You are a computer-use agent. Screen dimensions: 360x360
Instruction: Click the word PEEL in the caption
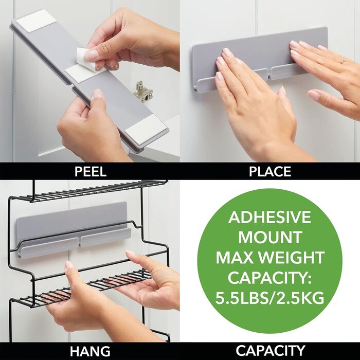(x=91, y=171)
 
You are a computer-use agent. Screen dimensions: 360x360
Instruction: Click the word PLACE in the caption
(x=270, y=171)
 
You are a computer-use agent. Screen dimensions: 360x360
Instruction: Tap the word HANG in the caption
(x=90, y=351)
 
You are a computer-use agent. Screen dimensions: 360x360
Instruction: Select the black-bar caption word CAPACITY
(x=270, y=351)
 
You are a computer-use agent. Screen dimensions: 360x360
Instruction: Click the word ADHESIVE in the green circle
(x=269, y=217)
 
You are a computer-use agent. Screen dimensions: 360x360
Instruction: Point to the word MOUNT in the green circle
(x=270, y=237)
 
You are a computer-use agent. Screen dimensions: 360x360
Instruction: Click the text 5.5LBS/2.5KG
(x=270, y=298)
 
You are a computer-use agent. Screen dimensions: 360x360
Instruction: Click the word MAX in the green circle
(x=236, y=257)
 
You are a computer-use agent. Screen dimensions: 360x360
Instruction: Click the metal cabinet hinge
(x=143, y=92)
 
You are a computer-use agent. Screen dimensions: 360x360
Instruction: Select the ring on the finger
(x=343, y=61)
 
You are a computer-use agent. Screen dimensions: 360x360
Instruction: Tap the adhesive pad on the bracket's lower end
(x=146, y=129)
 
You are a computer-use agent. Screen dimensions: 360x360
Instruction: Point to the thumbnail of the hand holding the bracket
(x=98, y=93)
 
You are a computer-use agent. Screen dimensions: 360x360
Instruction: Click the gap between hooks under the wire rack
(x=79, y=242)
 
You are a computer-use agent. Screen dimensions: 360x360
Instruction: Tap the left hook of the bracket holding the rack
(x=49, y=248)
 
